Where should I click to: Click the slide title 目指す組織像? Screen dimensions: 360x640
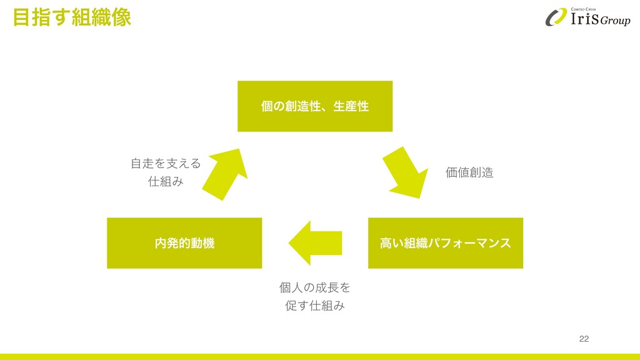pos(72,17)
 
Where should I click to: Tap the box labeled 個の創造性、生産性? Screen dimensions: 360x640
pos(315,106)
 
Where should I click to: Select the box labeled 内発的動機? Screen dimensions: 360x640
pos(184,243)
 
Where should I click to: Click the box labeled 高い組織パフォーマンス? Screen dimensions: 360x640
pos(445,243)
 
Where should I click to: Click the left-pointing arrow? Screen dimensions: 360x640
pos(315,242)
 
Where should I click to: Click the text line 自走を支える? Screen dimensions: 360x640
pos(166,164)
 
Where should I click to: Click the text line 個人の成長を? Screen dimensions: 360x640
pos(315,288)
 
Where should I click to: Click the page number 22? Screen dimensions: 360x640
pos(584,339)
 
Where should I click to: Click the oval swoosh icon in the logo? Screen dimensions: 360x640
pos(556,17)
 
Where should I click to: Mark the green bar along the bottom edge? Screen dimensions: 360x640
pos(320,356)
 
